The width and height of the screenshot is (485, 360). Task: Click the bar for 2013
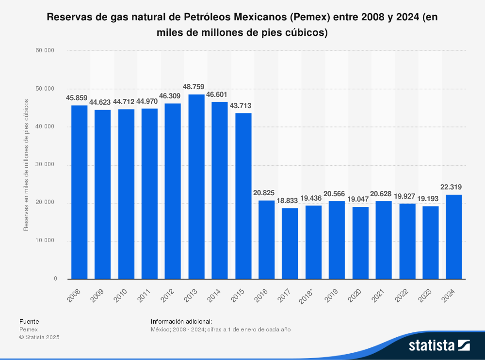(x=196, y=187)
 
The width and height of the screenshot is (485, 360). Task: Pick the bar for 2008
(x=79, y=192)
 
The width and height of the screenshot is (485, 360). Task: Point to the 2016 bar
(x=267, y=239)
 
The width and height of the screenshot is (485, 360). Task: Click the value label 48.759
(x=196, y=87)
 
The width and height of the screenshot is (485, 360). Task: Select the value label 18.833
(x=290, y=201)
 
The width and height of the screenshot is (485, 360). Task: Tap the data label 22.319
(x=454, y=187)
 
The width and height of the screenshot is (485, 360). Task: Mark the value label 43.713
(x=243, y=106)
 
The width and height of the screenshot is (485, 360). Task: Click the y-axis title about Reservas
(x=26, y=165)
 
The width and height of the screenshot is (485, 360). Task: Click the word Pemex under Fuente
(x=28, y=329)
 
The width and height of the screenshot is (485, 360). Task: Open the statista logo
(x=439, y=345)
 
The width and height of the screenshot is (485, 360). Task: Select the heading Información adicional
(x=181, y=321)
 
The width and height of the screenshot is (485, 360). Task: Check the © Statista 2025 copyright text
(x=39, y=337)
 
